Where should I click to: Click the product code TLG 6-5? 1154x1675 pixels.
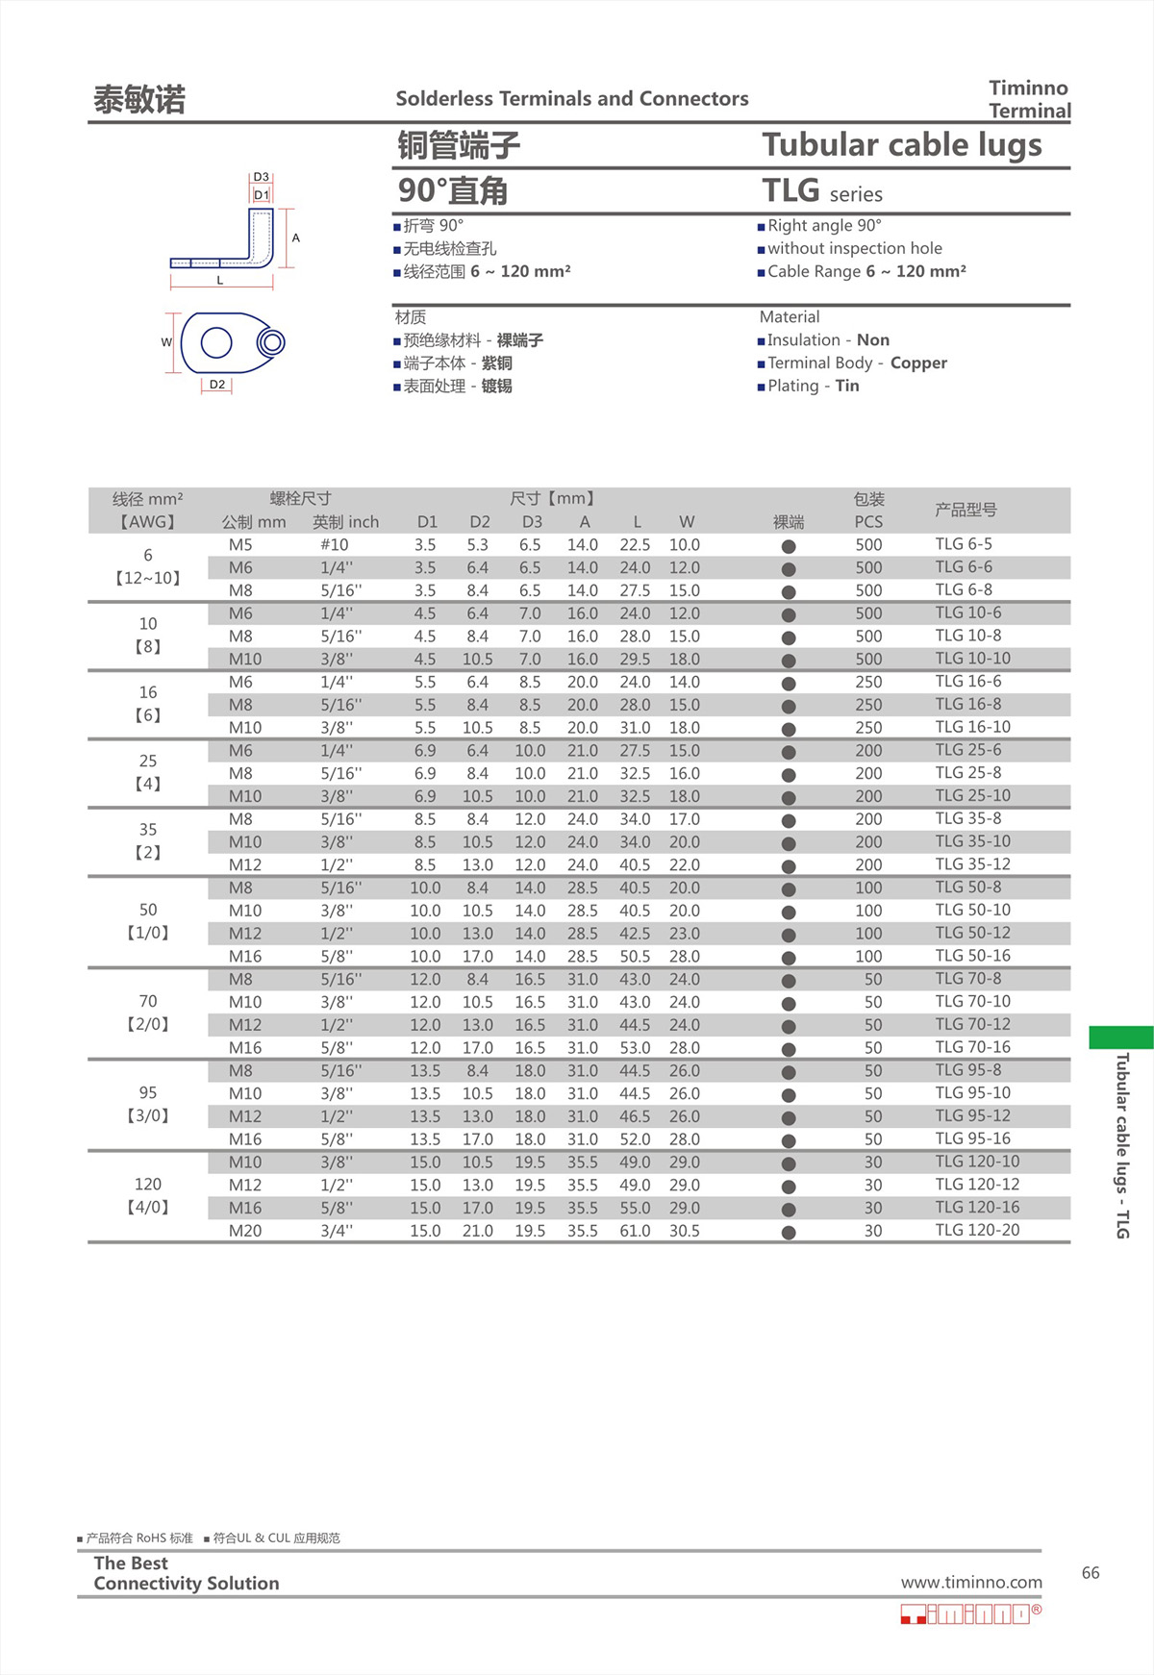click(x=964, y=544)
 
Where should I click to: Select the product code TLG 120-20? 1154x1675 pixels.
click(x=977, y=1231)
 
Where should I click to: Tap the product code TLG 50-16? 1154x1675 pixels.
click(x=972, y=956)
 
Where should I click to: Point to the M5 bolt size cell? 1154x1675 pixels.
click(x=240, y=545)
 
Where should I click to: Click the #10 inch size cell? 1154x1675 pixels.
click(x=335, y=545)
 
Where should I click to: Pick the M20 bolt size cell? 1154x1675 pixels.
click(x=245, y=1231)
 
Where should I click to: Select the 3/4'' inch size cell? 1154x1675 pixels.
click(x=337, y=1231)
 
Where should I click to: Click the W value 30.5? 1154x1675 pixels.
click(x=685, y=1231)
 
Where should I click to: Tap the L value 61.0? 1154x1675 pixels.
click(x=635, y=1231)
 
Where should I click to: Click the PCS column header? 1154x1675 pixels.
click(x=868, y=522)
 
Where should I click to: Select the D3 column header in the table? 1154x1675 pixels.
click(x=532, y=522)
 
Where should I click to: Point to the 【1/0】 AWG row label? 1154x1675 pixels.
click(x=148, y=933)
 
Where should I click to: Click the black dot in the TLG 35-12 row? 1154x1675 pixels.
click(x=789, y=866)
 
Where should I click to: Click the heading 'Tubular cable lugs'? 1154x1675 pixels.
click(x=902, y=145)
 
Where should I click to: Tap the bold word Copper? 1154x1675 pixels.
click(x=918, y=363)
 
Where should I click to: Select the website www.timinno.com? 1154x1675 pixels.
click(x=971, y=1583)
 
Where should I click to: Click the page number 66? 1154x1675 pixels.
click(x=1091, y=1573)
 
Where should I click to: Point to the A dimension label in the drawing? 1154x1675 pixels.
click(x=296, y=237)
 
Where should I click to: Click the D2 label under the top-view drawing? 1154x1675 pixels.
click(x=217, y=385)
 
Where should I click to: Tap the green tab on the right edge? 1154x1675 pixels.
click(x=1121, y=1037)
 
